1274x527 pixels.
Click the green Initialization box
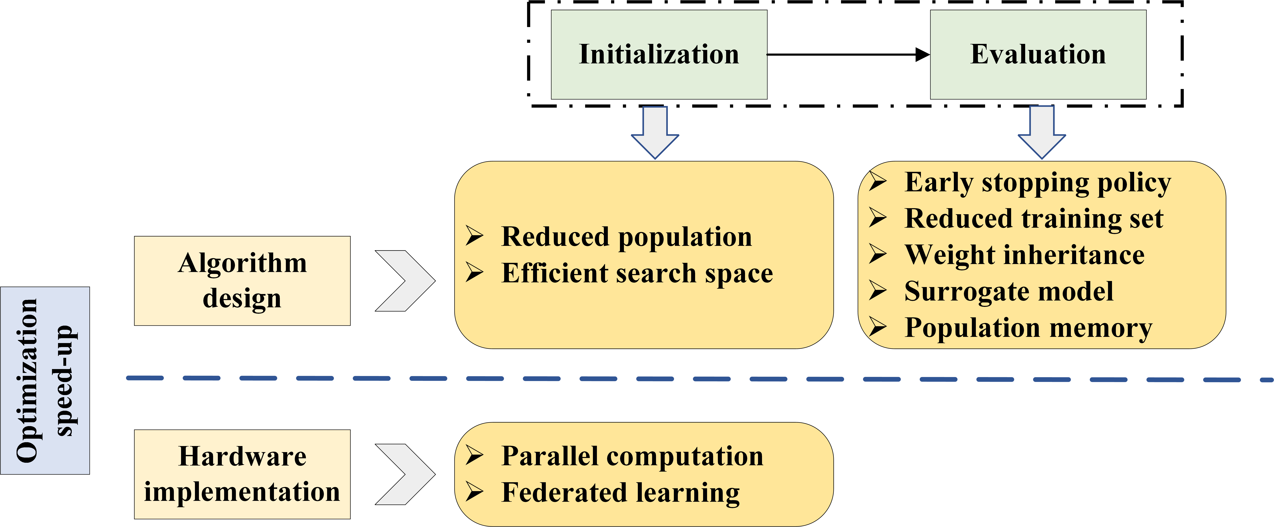tap(659, 54)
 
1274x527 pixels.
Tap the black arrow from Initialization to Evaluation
tap(848, 54)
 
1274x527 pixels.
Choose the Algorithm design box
tap(242, 281)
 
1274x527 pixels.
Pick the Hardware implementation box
tap(242, 474)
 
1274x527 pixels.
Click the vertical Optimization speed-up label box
tap(45, 380)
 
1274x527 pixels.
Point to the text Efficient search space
tap(637, 273)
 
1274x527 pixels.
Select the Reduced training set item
tap(1034, 218)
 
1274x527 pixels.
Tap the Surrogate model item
tap(1009, 291)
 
